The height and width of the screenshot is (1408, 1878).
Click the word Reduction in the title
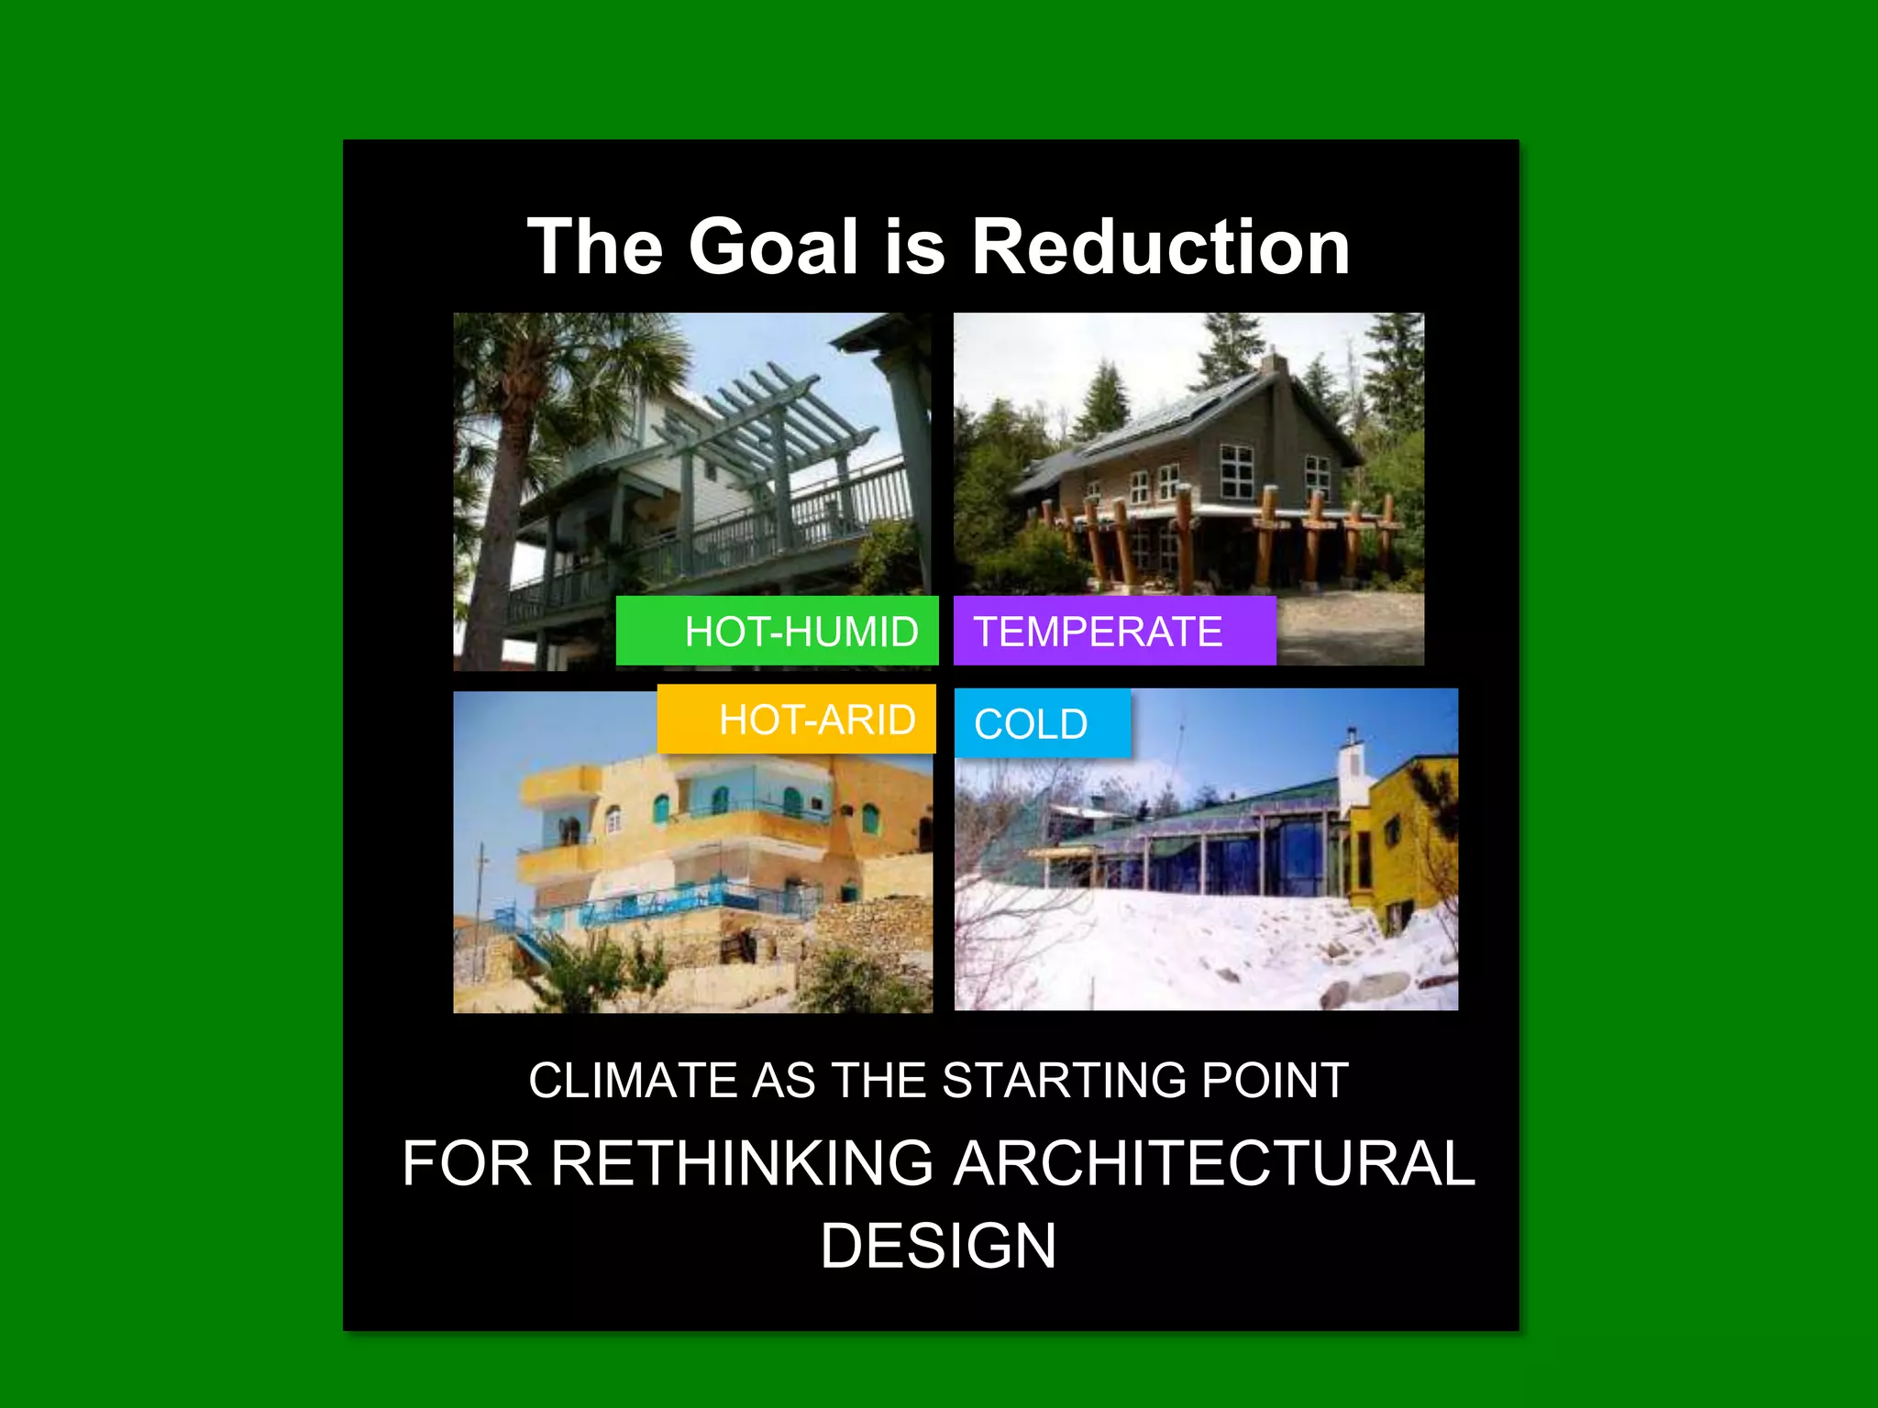pos(1160,247)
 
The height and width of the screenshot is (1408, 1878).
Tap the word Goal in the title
pos(773,247)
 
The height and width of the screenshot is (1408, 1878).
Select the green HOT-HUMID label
pos(778,631)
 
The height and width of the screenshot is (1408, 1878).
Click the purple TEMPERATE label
pos(1113,631)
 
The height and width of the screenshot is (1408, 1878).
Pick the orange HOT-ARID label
pos(796,720)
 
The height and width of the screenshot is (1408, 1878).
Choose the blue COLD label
pos(1042,724)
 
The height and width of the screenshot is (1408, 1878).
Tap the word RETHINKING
pos(742,1163)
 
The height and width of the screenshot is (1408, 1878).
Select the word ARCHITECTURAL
pos(1214,1163)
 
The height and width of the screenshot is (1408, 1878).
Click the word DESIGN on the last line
pos(938,1246)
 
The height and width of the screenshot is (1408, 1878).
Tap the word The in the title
pos(595,247)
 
